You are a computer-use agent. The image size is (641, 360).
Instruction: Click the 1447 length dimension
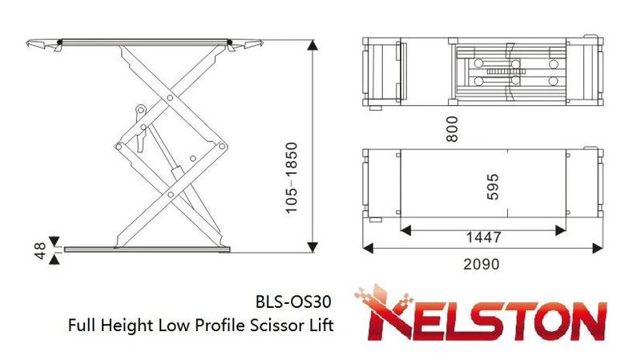(x=483, y=237)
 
